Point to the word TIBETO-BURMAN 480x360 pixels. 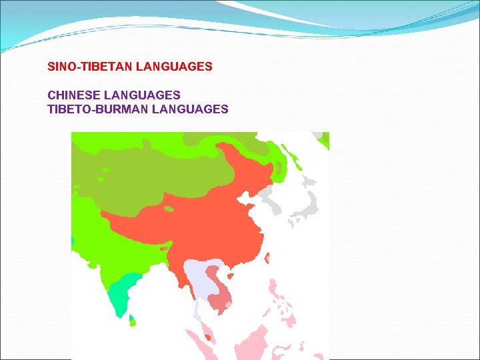[98, 109]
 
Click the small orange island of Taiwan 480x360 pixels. [267, 258]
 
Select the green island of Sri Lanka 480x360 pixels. [132, 321]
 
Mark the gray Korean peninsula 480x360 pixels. [266, 197]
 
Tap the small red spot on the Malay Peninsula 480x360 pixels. [208, 338]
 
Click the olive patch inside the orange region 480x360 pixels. [169, 209]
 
